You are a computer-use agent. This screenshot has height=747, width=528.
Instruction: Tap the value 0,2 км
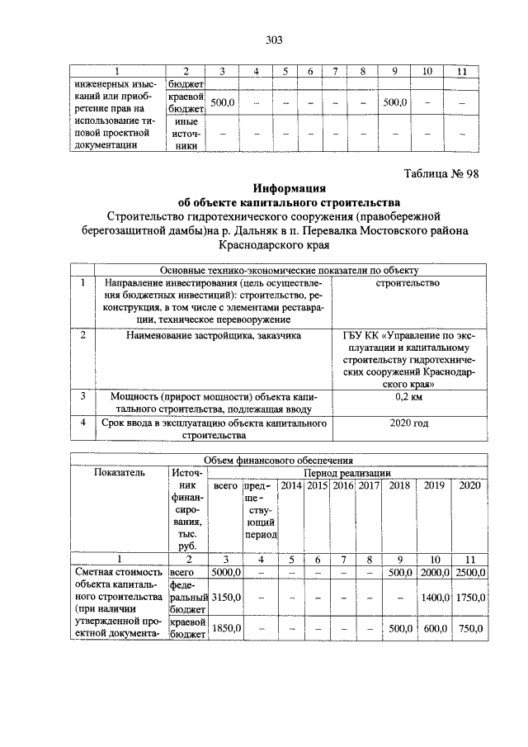click(x=409, y=397)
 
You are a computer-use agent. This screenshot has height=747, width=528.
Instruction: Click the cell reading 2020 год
click(x=409, y=423)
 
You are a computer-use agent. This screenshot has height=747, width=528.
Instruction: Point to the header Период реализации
click(x=346, y=473)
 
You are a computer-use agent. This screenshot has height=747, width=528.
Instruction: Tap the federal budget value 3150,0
click(x=224, y=595)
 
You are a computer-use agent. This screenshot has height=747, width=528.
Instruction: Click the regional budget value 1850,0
click(x=224, y=629)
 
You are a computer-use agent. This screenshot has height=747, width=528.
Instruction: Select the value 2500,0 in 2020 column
click(x=469, y=572)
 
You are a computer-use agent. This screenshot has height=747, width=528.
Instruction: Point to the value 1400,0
click(x=434, y=595)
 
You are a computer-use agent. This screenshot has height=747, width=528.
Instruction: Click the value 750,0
click(x=469, y=629)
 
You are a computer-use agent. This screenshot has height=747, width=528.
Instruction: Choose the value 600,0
click(x=434, y=629)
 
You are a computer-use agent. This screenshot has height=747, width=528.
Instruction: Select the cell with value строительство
click(x=409, y=282)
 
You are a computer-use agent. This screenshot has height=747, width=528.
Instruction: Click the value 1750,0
click(x=469, y=595)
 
